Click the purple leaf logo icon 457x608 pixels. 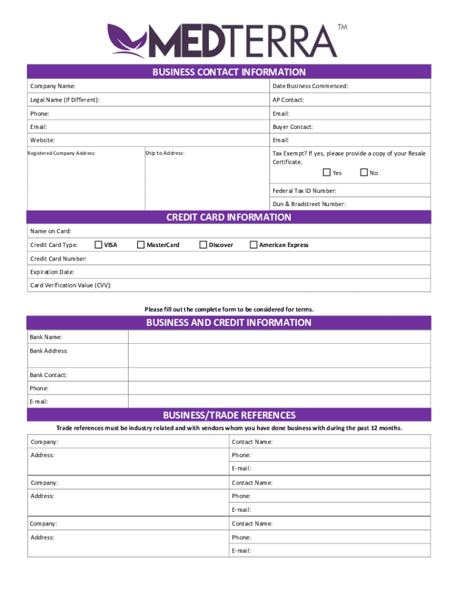click(x=126, y=40)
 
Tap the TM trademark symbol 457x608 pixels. click(x=342, y=27)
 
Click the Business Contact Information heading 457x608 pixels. click(x=228, y=72)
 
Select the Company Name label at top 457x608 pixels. click(x=53, y=87)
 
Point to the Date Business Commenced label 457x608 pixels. click(x=310, y=87)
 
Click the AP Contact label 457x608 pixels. click(x=288, y=100)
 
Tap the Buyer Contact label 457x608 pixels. click(x=293, y=127)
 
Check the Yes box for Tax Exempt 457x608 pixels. click(x=326, y=173)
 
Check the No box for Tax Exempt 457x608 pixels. click(x=364, y=173)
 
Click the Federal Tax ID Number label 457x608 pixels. click(x=304, y=191)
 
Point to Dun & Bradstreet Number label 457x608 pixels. click(x=309, y=204)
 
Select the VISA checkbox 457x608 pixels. click(x=99, y=245)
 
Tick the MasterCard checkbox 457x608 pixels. click(x=141, y=245)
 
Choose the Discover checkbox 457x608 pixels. click(x=203, y=245)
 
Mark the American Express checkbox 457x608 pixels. click(x=253, y=245)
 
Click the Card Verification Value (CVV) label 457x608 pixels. click(x=71, y=286)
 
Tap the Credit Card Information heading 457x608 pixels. click(x=228, y=217)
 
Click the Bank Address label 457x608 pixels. click(x=49, y=351)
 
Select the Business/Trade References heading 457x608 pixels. click(x=228, y=415)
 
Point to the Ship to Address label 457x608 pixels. click(x=165, y=153)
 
